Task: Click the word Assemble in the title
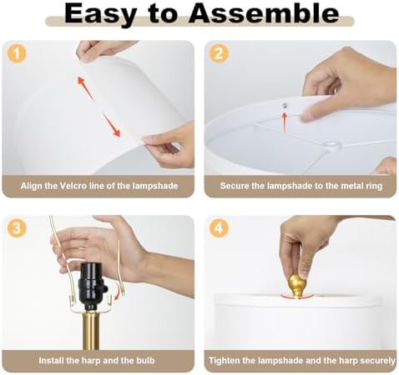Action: [x=264, y=13]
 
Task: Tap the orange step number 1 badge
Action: [x=17, y=53]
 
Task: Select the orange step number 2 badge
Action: [x=219, y=53]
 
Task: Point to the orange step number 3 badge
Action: [x=17, y=228]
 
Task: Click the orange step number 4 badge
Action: [x=219, y=228]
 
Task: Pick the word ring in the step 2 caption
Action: [x=375, y=186]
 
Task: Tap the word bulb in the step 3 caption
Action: [x=145, y=360]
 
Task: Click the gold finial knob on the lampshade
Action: [x=297, y=286]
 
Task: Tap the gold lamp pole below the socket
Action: [x=91, y=330]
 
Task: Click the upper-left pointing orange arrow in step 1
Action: [x=85, y=88]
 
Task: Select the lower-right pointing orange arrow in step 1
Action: [x=112, y=125]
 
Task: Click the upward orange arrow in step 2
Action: [x=285, y=122]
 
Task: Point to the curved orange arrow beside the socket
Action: [x=120, y=293]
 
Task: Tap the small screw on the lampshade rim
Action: [x=285, y=105]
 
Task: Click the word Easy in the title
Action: [x=100, y=14]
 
